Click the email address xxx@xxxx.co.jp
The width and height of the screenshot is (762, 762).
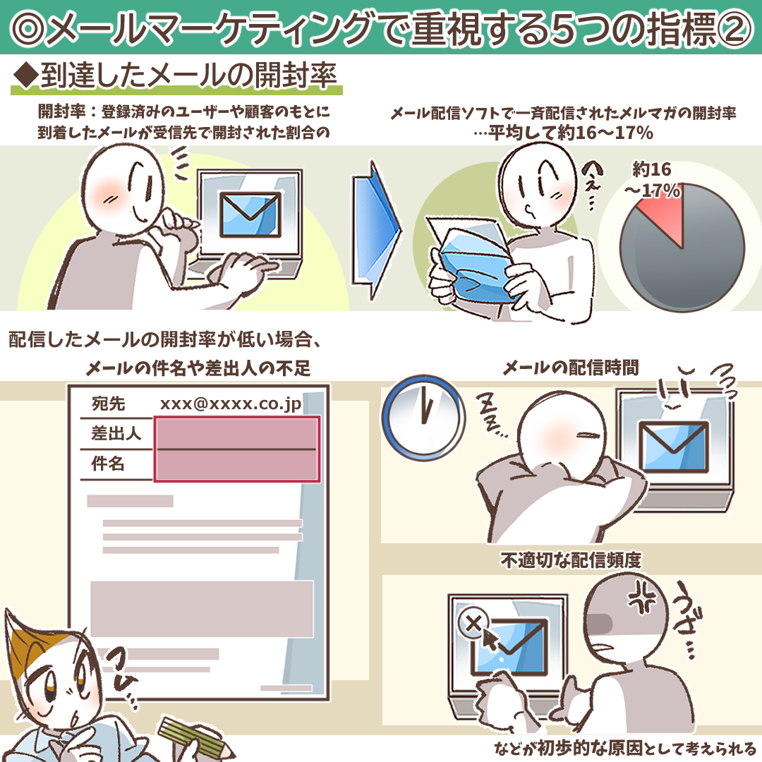point(230,404)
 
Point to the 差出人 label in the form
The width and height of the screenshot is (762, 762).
point(116,433)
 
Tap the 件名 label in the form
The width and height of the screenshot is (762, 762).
point(108,463)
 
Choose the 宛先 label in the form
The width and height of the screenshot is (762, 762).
point(109,404)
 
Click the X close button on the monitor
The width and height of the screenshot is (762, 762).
point(473,622)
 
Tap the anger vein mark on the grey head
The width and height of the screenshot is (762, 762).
point(643,596)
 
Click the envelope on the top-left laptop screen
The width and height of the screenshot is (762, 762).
point(250,214)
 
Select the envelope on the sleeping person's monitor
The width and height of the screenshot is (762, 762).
point(673,447)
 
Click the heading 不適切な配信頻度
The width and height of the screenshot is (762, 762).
point(571,560)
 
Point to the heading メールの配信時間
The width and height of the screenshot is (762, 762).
point(571,368)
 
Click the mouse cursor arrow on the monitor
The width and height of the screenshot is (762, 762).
point(490,639)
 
